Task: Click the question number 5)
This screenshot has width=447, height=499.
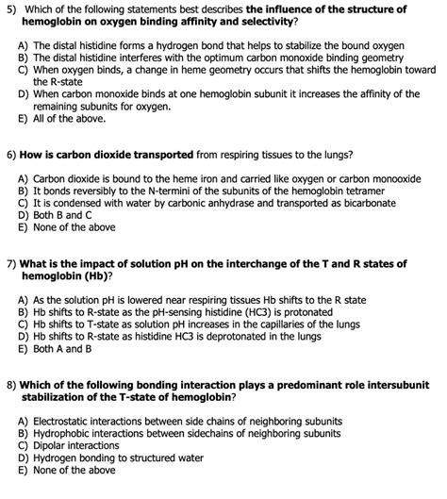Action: [10, 8]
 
